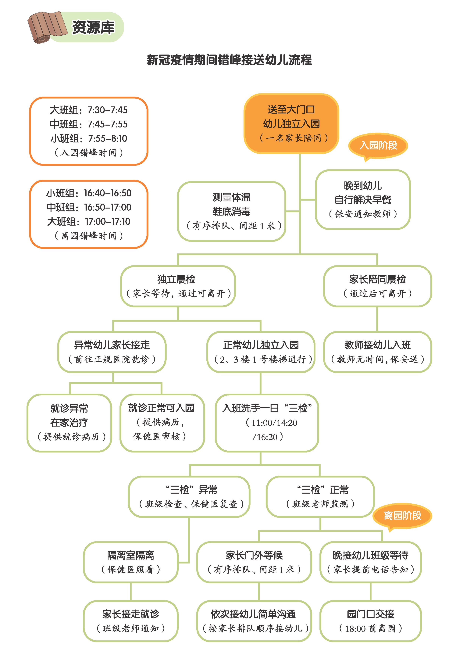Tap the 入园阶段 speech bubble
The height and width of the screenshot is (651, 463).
pos(378,145)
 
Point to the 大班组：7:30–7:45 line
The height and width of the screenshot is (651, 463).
pos(89,110)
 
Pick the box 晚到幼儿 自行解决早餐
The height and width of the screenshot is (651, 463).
pos(363,200)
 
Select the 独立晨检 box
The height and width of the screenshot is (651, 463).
pos(178,286)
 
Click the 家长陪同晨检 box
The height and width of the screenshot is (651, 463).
pos(377,286)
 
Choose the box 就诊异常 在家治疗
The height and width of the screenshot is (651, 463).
pos(69,423)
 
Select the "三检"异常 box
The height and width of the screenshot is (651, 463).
pos(189,496)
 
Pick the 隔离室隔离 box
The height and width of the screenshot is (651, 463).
pos(131,562)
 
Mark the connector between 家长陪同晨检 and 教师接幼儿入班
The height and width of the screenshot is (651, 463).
pos(377,319)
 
